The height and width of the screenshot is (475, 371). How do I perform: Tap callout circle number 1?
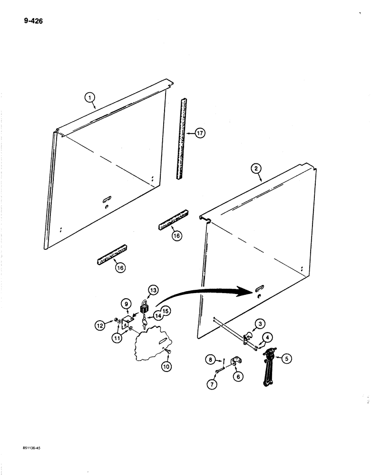[88, 98]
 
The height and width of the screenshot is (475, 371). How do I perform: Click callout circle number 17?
[199, 133]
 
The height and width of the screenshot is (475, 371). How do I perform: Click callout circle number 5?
[286, 359]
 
